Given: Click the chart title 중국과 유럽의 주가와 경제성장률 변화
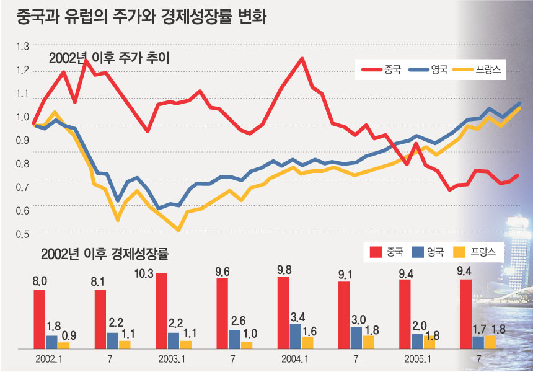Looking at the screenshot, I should (135, 15).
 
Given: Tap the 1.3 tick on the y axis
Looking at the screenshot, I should (23, 46).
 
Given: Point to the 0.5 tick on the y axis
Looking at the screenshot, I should (23, 234).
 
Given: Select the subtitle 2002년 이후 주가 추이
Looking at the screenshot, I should (109, 59).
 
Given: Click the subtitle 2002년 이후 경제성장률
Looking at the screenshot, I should (105, 253).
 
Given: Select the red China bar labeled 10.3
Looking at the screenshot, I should (161, 310).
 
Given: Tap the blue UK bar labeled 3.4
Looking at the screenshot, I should (295, 336).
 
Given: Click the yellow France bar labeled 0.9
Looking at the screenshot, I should (63, 345).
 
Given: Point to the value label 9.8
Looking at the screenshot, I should (283, 269).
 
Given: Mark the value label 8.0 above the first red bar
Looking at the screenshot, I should (39, 281).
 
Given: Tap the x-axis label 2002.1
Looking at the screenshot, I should (50, 359).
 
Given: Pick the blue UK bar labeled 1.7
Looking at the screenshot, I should (478, 342).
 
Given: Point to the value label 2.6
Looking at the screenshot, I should (235, 321).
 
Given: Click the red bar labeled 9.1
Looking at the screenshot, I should (344, 315).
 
